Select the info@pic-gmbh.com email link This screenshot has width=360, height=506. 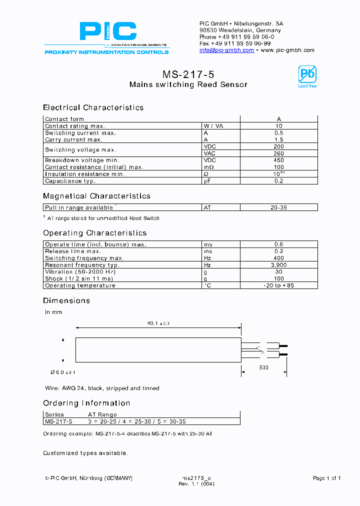pyautogui.click(x=226, y=50)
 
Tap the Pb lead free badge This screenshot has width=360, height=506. pyautogui.click(x=307, y=76)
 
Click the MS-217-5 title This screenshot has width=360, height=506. pyautogui.click(x=188, y=74)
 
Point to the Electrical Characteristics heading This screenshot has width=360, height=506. pyautogui.click(x=93, y=107)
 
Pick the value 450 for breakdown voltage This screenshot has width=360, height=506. pyautogui.click(x=278, y=160)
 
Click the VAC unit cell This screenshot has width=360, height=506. pyautogui.click(x=209, y=153)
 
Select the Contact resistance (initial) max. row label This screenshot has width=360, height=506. pyautogui.click(x=94, y=167)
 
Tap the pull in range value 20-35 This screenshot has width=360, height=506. pyautogui.click(x=278, y=207)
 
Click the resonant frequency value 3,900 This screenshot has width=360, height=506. pyautogui.click(x=278, y=265)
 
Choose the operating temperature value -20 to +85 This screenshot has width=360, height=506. pyautogui.click(x=278, y=285)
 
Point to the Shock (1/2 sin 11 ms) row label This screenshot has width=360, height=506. pyautogui.click(x=79, y=278)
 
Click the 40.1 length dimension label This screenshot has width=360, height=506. pyautogui.click(x=158, y=324)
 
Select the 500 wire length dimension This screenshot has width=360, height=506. pyautogui.click(x=263, y=367)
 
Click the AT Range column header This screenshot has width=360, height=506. pyautogui.click(x=102, y=414)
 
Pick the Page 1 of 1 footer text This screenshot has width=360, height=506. pyautogui.click(x=326, y=478)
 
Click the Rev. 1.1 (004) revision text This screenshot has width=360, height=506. pyautogui.click(x=196, y=484)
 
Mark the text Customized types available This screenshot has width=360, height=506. pyautogui.click(x=85, y=453)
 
